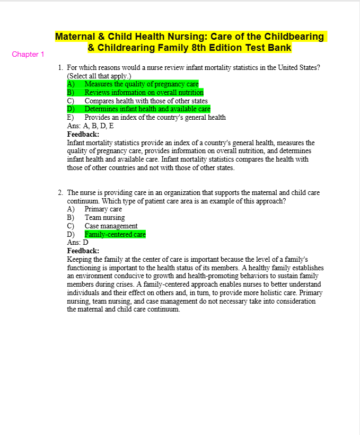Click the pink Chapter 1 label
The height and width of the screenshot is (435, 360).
point(28,54)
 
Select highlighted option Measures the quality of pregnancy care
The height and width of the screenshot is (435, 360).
point(141,84)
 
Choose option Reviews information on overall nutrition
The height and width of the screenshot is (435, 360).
point(144,92)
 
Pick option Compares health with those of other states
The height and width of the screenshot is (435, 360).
point(146,101)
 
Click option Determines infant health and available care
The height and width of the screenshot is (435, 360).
point(147,109)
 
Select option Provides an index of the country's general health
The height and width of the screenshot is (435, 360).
point(155,118)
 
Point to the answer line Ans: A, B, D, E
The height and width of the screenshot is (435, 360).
point(90,126)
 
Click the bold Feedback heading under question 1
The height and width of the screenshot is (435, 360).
point(83,134)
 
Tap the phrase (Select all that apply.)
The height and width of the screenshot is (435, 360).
point(99,76)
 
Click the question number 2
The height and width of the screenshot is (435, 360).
point(61,193)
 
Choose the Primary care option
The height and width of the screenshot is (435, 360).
point(103,209)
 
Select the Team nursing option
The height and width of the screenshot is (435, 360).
point(104,217)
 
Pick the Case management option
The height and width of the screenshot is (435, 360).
point(111,226)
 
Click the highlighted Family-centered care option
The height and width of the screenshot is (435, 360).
point(115,234)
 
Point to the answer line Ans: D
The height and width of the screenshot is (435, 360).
point(77,242)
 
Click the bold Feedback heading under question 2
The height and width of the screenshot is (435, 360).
point(83,251)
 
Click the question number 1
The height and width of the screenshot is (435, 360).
point(61,68)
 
